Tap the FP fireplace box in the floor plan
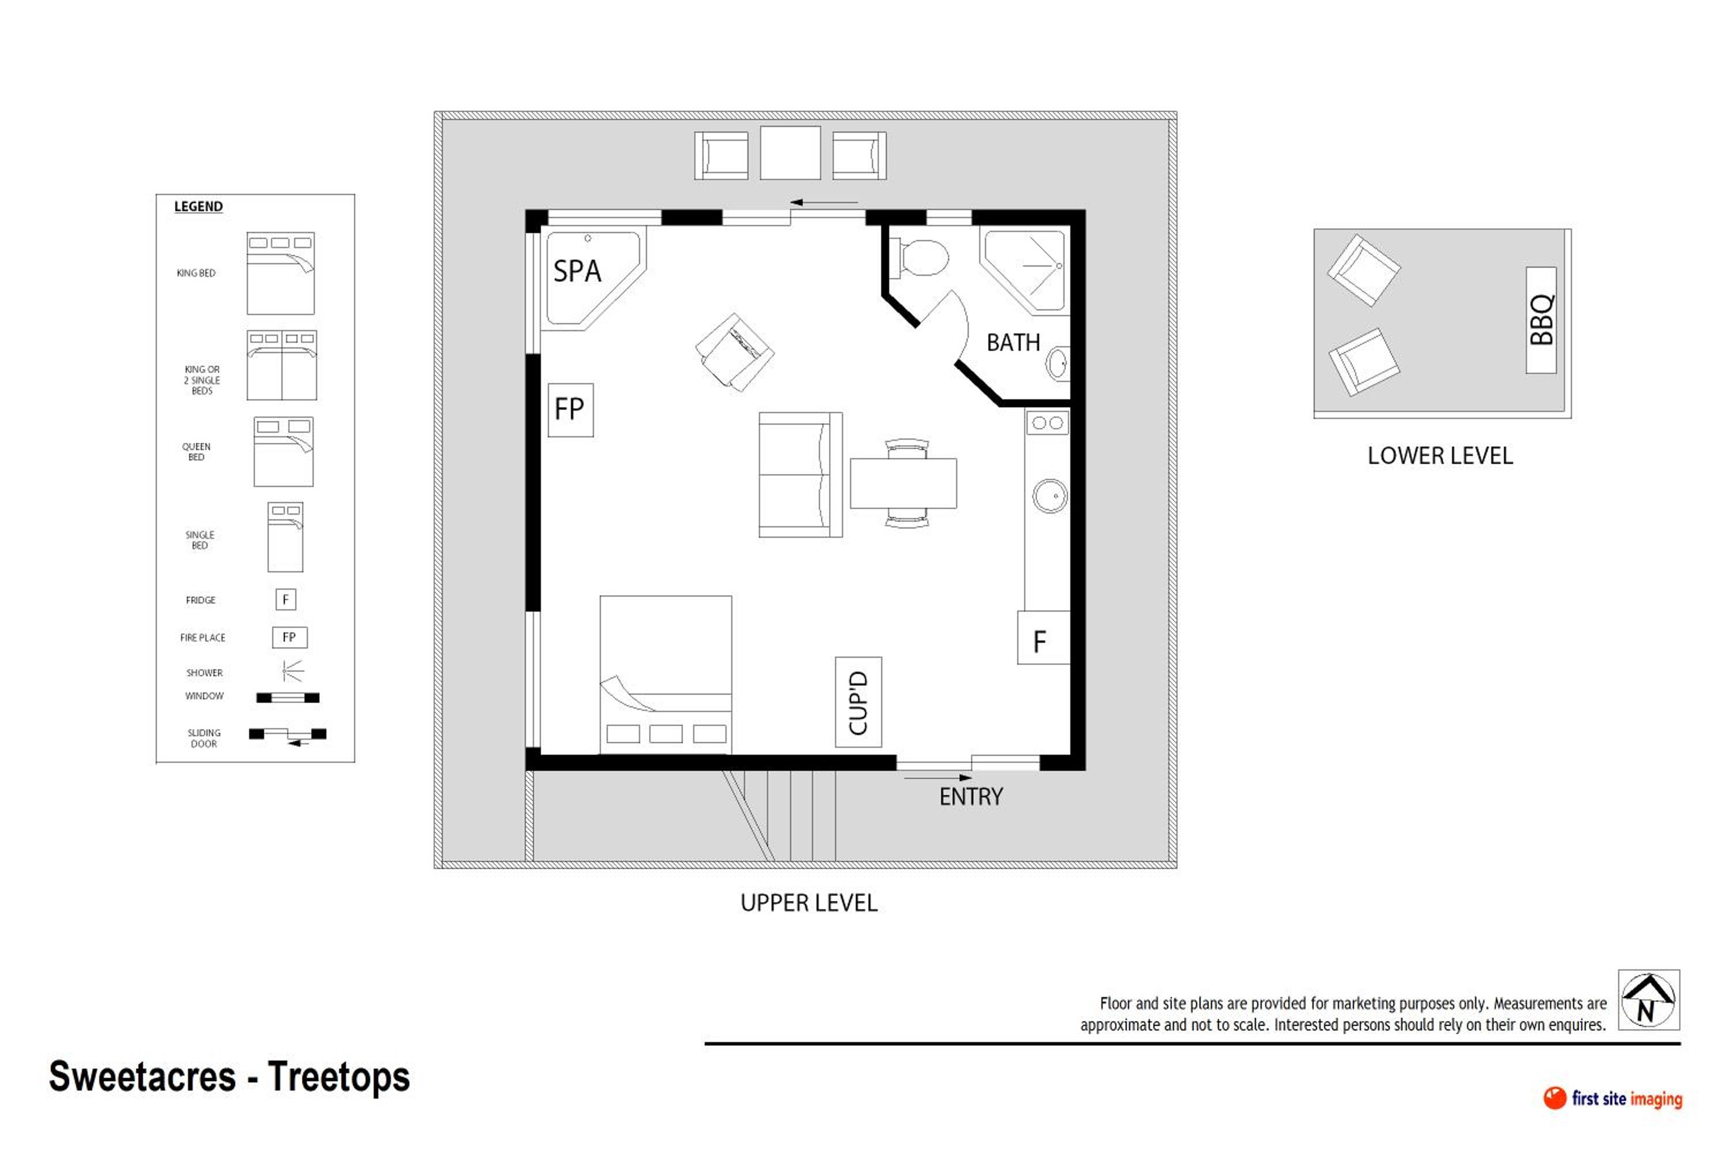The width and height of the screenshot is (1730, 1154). (571, 410)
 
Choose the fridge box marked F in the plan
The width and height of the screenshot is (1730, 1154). (1044, 638)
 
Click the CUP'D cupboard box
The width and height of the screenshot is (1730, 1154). (859, 702)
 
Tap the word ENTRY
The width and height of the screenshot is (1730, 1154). (971, 797)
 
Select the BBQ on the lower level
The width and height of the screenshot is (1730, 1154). (1541, 320)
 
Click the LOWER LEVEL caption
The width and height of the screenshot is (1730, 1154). (1440, 456)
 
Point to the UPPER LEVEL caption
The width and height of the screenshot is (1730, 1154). (809, 903)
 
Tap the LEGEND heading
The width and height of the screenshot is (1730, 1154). (198, 207)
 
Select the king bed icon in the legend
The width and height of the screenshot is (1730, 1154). (280, 273)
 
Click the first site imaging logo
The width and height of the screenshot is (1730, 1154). (1612, 1098)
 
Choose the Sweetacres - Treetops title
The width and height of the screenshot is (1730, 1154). (229, 1076)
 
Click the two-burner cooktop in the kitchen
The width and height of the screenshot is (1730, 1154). (1047, 423)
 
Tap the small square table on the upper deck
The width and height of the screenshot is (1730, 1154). (790, 153)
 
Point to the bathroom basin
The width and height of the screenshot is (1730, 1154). (1058, 364)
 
